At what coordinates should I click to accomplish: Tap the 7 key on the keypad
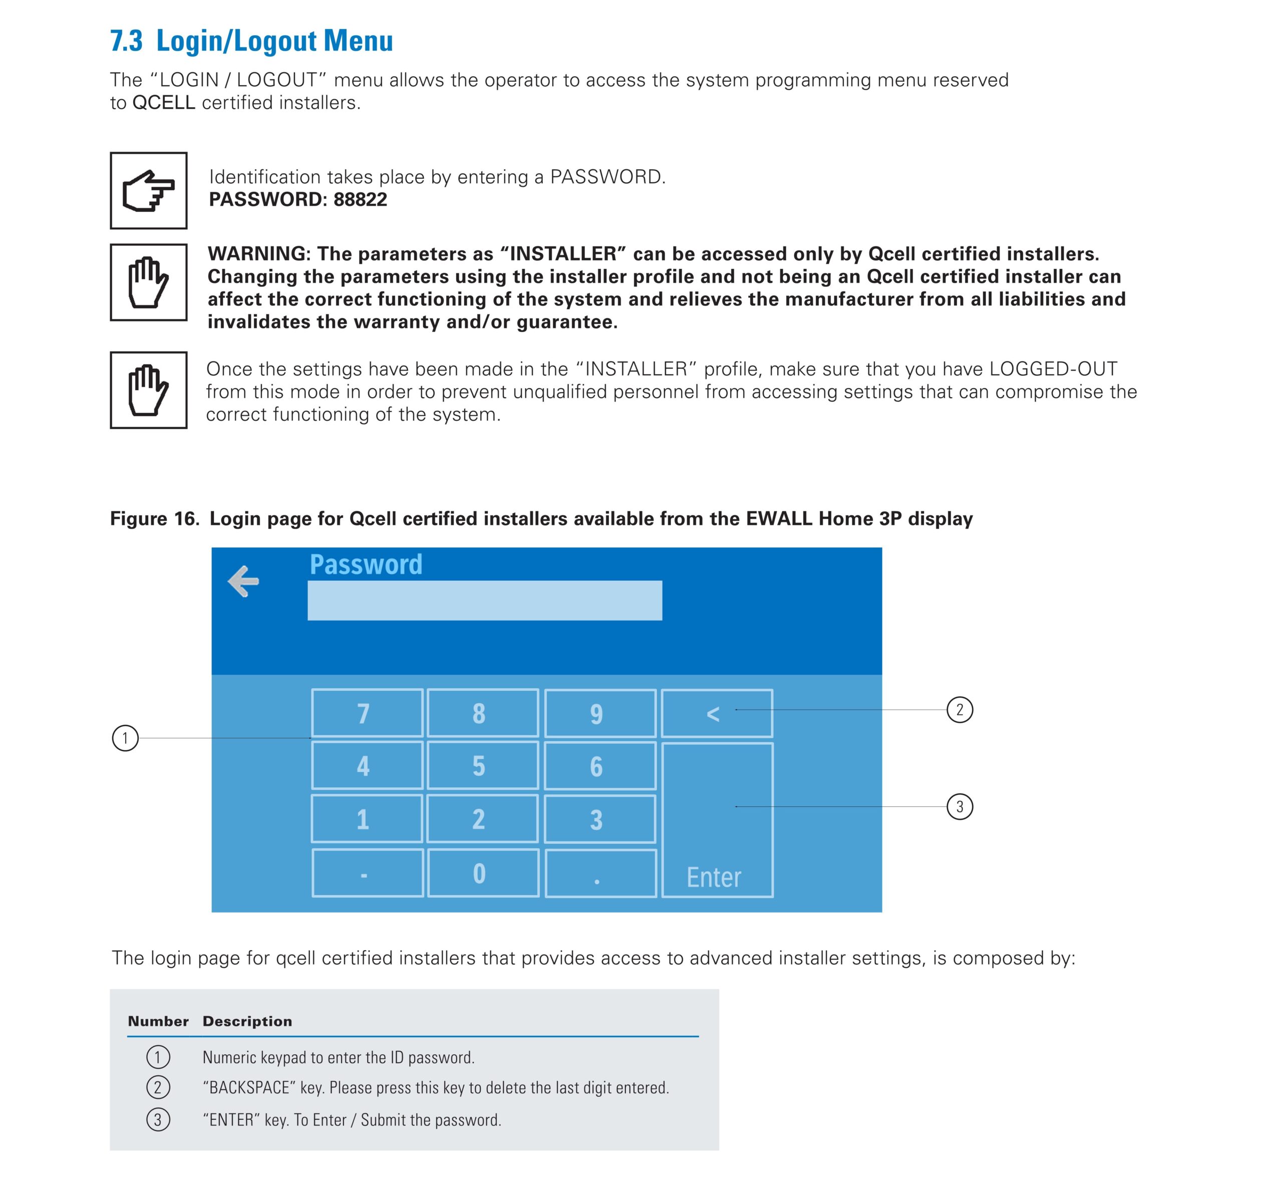(x=367, y=713)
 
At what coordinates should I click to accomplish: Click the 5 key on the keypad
(x=482, y=766)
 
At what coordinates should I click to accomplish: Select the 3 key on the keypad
(x=599, y=819)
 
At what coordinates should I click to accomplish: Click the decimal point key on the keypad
(x=599, y=873)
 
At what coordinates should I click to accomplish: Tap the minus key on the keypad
(x=367, y=873)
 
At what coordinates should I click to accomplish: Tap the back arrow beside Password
(x=243, y=580)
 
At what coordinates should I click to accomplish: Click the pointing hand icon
(x=148, y=190)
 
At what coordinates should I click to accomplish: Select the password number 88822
(x=360, y=199)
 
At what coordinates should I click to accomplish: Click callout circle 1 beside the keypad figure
(x=125, y=738)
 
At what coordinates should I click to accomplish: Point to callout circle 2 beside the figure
(x=959, y=709)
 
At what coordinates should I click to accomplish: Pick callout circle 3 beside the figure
(x=959, y=806)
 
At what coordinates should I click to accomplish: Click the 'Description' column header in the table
(x=247, y=1021)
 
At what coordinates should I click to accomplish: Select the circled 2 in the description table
(x=158, y=1087)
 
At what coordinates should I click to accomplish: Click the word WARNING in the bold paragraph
(x=258, y=253)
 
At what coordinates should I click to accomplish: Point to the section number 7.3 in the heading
(x=126, y=41)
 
